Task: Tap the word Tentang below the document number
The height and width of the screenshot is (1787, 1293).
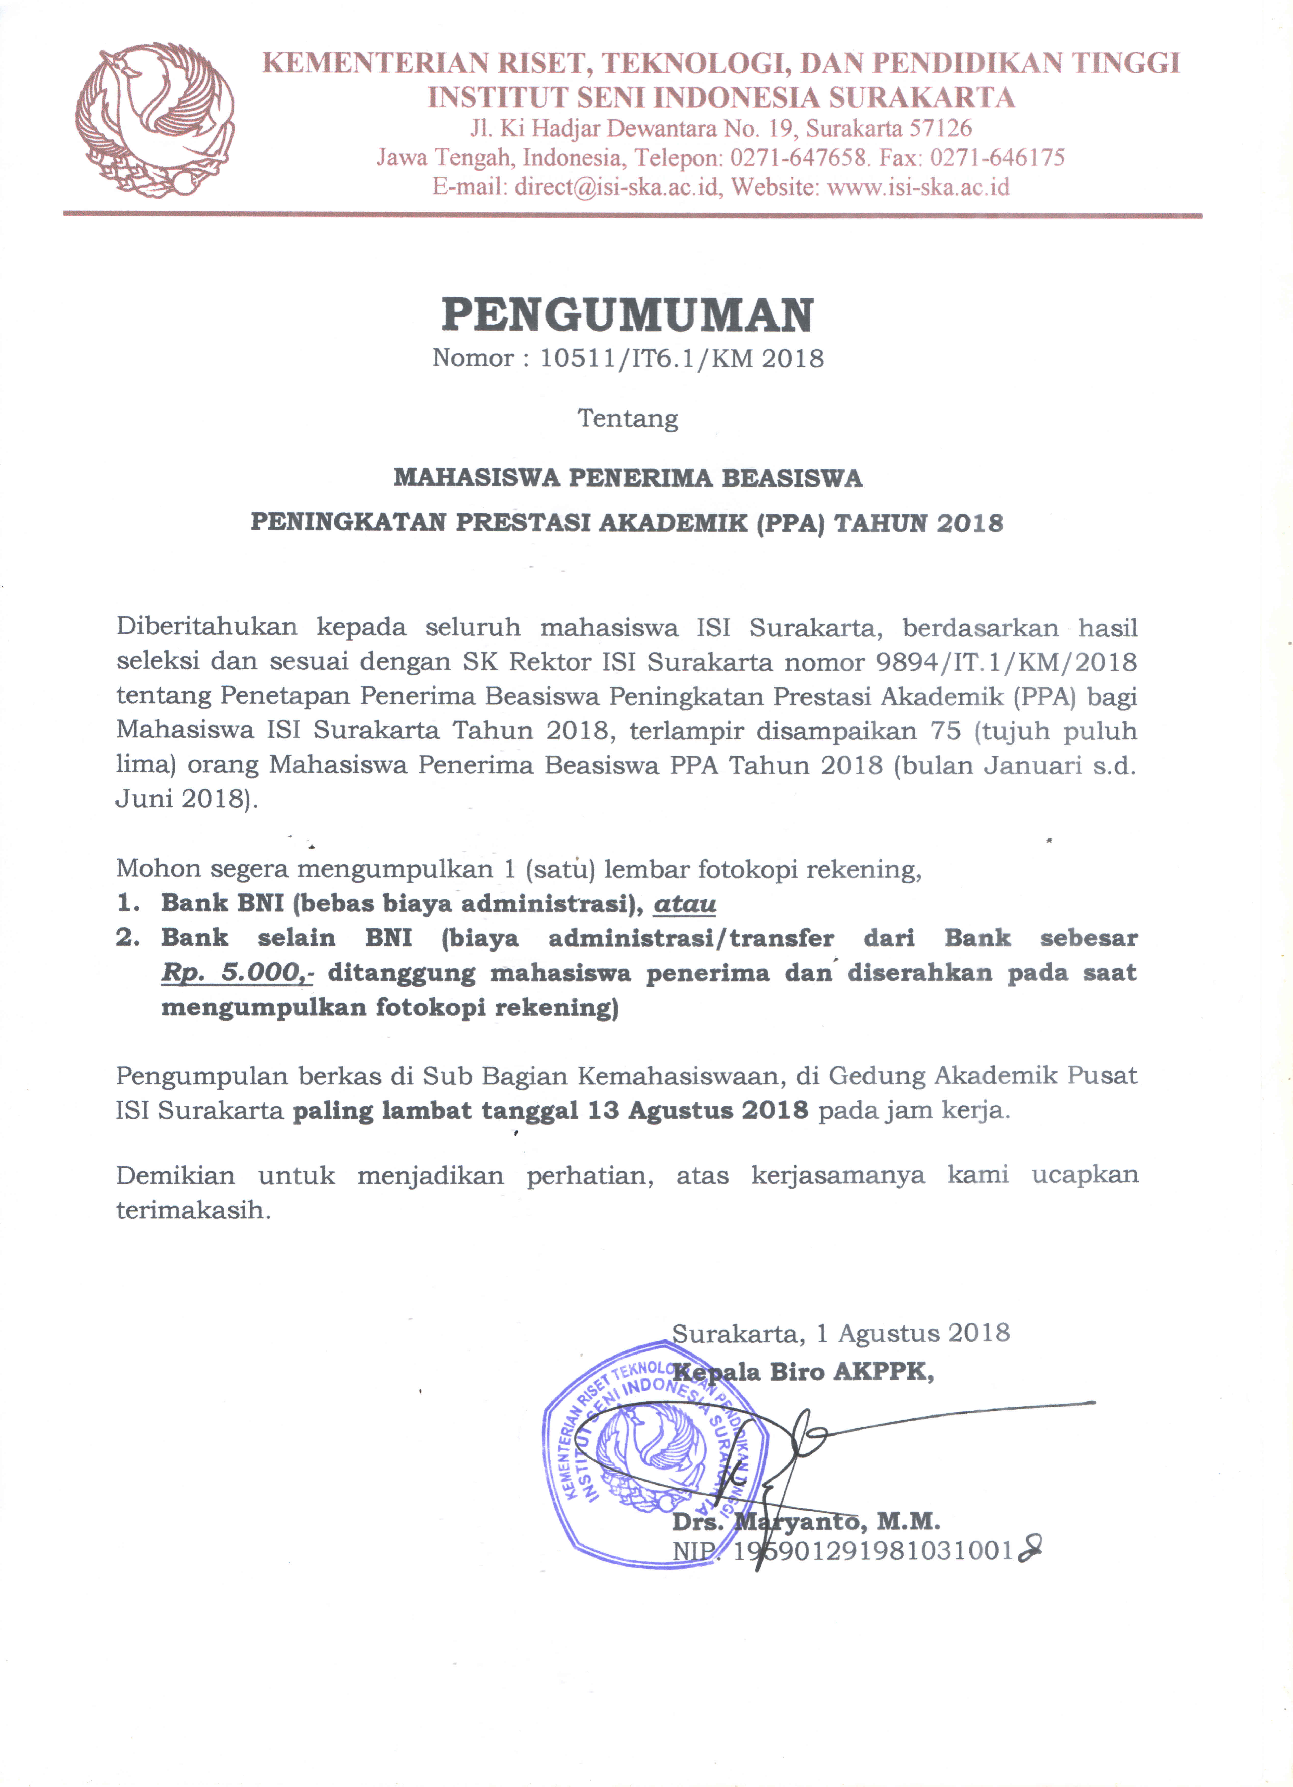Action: click(x=628, y=418)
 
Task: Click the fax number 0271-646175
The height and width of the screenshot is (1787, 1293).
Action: click(x=997, y=158)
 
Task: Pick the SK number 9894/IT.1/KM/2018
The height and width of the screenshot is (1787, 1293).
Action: click(x=1006, y=662)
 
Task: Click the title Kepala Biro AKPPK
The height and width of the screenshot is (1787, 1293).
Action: click(x=804, y=1372)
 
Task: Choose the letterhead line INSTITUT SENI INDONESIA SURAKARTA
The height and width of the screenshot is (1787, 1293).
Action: click(x=721, y=97)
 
